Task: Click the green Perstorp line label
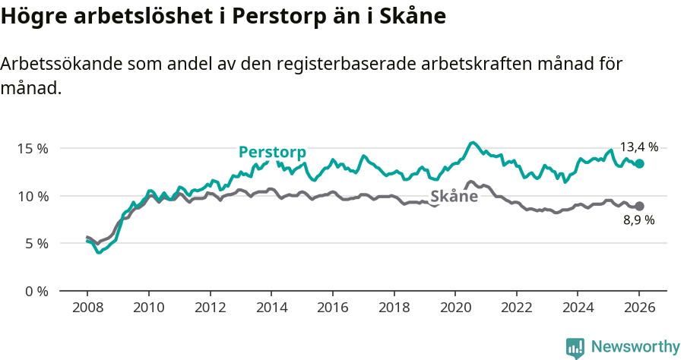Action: pyautogui.click(x=272, y=152)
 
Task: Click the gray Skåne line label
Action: pyautogui.click(x=454, y=197)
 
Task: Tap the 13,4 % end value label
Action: pyautogui.click(x=638, y=147)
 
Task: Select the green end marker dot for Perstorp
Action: pyautogui.click(x=639, y=163)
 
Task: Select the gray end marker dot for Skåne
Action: pyautogui.click(x=639, y=206)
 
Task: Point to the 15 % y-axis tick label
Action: pyautogui.click(x=32, y=148)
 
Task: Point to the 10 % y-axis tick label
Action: pyautogui.click(x=32, y=196)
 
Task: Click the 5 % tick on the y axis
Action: pyautogui.click(x=36, y=244)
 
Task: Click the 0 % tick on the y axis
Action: pyautogui.click(x=36, y=291)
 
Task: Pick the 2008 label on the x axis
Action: pyautogui.click(x=87, y=308)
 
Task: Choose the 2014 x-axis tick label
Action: pyautogui.click(x=271, y=308)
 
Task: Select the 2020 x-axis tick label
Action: pyautogui.click(x=454, y=308)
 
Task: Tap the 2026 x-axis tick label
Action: pyautogui.click(x=638, y=308)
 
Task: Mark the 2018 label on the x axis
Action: pyautogui.click(x=393, y=308)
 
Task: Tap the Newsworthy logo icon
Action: pyautogui.click(x=575, y=348)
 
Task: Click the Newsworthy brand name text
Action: pyautogui.click(x=635, y=347)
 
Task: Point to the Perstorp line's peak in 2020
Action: pyautogui.click(x=473, y=142)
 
